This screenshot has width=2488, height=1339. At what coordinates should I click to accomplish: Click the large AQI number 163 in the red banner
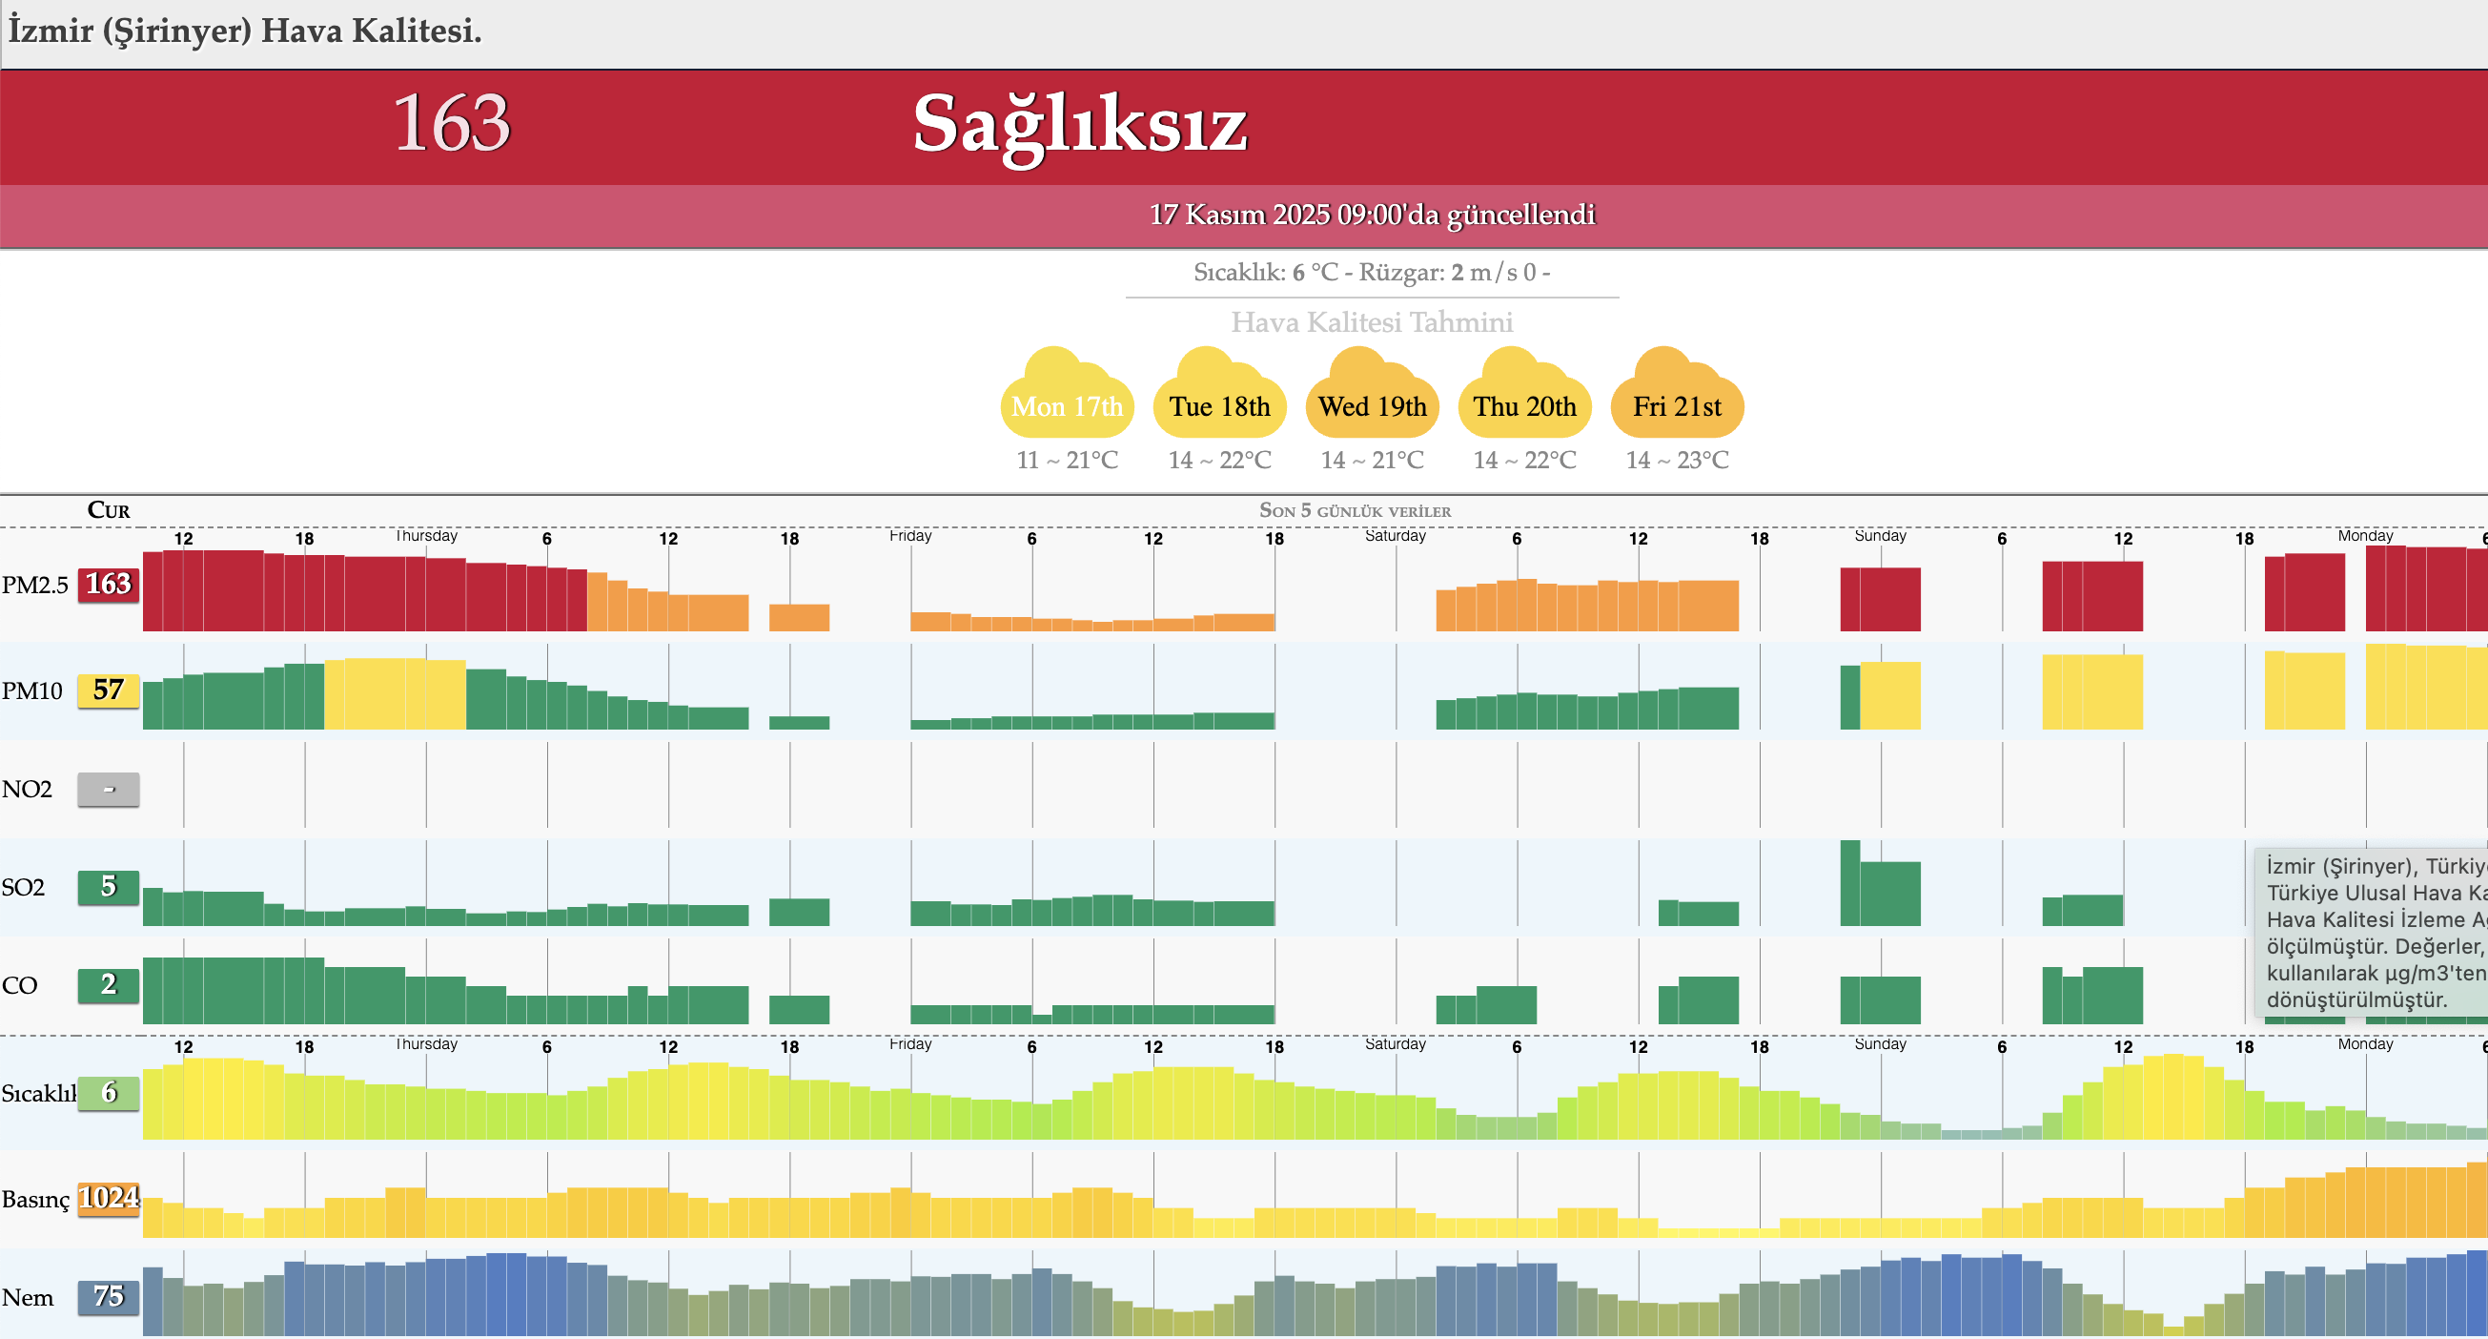pos(451,123)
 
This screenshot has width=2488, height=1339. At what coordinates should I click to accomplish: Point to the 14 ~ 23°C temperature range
pos(1677,460)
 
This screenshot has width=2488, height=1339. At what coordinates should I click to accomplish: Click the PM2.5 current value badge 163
pos(108,585)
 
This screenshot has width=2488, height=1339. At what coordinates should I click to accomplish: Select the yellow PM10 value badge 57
pos(108,690)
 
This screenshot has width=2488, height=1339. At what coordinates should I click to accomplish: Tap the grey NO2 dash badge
pos(108,790)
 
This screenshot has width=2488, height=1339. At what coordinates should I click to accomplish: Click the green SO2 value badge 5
pos(108,887)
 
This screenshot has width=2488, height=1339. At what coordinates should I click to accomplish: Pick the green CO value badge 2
pos(108,984)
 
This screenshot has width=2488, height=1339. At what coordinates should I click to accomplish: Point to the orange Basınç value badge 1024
pos(108,1199)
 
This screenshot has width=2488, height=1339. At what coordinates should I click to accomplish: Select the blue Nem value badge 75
pos(108,1296)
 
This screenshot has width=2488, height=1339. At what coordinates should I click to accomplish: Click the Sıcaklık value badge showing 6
pos(108,1093)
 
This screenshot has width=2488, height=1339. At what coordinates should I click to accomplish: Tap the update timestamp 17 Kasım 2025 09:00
pos(1372,215)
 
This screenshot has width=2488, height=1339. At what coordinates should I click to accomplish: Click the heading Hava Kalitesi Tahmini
pos(1372,321)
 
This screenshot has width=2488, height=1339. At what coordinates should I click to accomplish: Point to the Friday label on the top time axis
pos(909,535)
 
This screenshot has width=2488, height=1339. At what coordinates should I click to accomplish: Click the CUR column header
pos(108,510)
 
